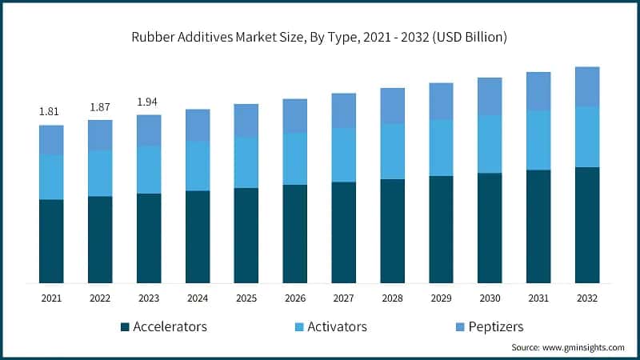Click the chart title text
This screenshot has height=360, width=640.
320,37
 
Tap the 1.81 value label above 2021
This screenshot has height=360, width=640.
51,111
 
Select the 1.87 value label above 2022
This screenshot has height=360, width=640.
100,106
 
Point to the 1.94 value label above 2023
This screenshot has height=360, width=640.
149,102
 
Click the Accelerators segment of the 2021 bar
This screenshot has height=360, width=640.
51,241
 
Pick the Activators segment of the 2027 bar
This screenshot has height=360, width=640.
344,154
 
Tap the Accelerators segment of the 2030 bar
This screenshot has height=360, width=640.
490,227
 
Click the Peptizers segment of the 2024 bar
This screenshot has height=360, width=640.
198,125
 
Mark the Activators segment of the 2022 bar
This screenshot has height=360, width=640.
100,173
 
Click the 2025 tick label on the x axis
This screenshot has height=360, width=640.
246,298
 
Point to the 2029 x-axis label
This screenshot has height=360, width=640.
441,298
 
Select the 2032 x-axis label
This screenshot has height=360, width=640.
587,298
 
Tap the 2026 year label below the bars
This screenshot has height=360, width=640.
295,298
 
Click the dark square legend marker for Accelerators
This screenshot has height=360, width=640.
125,327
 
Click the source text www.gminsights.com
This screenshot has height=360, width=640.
568,348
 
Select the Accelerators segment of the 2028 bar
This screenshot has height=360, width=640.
392,230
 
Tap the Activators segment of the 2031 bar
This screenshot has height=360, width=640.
538,140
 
